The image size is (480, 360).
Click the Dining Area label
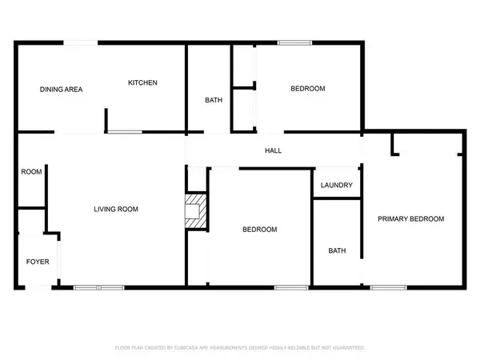click(x=61, y=89)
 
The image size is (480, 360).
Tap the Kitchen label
click(x=143, y=82)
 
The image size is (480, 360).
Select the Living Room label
click(x=116, y=210)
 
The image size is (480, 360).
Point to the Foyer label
click(x=38, y=261)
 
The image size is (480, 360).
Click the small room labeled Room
click(x=31, y=171)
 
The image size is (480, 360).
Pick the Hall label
click(x=273, y=150)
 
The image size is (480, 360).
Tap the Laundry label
click(x=336, y=186)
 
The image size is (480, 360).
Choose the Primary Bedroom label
click(x=411, y=218)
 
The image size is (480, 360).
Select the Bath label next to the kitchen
click(x=214, y=100)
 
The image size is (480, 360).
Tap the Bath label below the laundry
click(x=337, y=250)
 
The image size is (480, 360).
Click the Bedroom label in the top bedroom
click(x=307, y=89)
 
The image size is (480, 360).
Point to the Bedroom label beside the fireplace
click(x=260, y=230)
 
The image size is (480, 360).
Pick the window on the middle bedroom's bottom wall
click(x=286, y=286)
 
